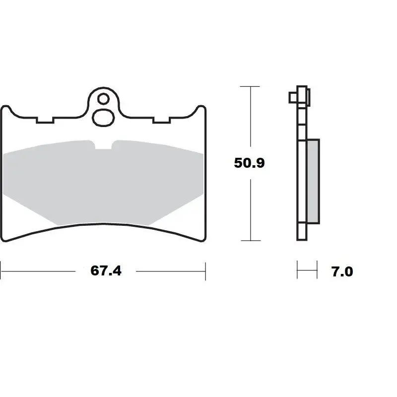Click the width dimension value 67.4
click(106, 271)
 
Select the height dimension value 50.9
click(250, 163)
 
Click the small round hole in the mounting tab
click(103, 99)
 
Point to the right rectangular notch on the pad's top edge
click(161, 121)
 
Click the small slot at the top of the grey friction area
click(104, 145)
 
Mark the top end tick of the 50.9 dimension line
click(250, 86)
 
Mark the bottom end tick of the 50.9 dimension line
click(250, 241)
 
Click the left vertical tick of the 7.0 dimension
click(297, 271)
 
